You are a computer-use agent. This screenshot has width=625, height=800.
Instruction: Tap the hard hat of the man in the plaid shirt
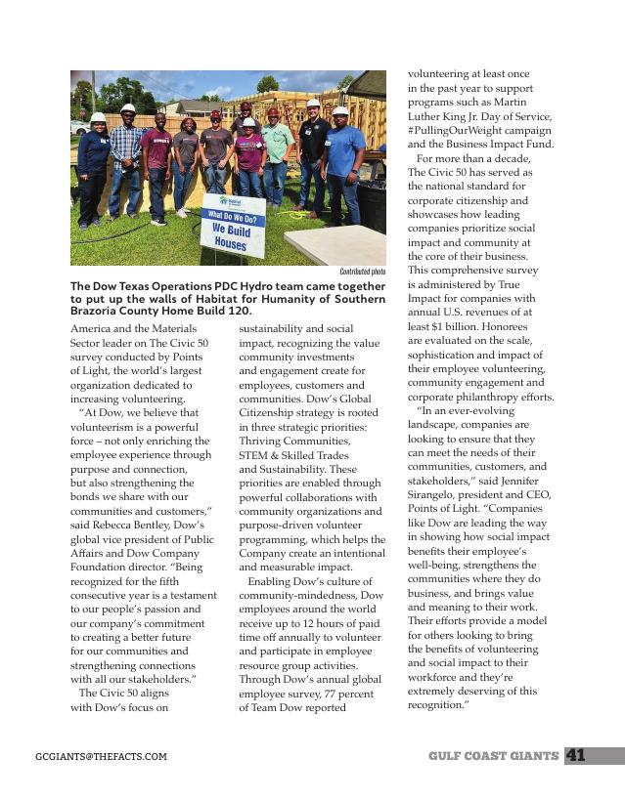click(x=128, y=109)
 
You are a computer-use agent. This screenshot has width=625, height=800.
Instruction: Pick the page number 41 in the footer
click(x=575, y=755)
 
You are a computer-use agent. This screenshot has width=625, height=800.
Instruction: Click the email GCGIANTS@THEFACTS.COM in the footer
click(x=101, y=756)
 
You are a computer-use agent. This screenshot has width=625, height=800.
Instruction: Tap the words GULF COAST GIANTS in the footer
click(x=494, y=755)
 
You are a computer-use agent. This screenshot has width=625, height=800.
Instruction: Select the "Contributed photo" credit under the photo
click(x=362, y=272)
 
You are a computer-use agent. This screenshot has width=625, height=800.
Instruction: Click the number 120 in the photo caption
click(x=238, y=310)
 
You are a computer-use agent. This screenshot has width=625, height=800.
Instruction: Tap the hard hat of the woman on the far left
click(x=99, y=118)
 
